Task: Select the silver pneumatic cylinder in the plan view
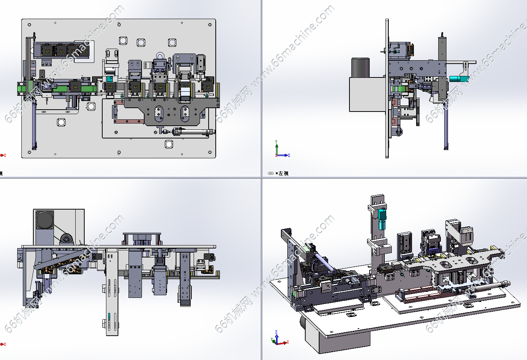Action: pyautogui.click(x=193, y=132)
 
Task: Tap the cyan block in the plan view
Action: pyautogui.click(x=109, y=79)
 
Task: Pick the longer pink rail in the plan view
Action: pyautogui.click(x=129, y=121)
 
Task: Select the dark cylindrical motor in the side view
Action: pyautogui.click(x=360, y=67)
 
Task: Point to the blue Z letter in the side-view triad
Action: pyautogui.click(x=289, y=155)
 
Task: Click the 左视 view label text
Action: pyautogui.click(x=284, y=173)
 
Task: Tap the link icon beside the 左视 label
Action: pyautogui.click(x=271, y=173)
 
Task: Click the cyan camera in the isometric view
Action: pyautogui.click(x=382, y=219)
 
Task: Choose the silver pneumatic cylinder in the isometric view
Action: pyautogui.click(x=487, y=286)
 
